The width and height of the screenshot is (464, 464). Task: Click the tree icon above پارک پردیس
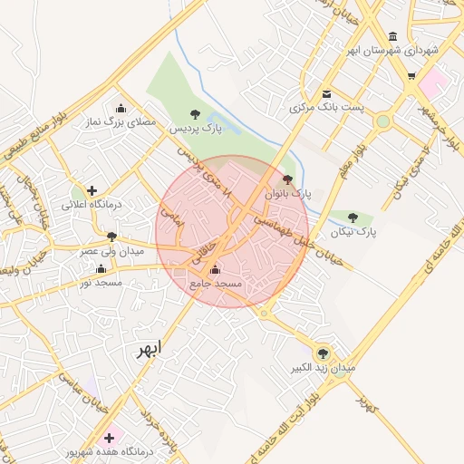point(195,113)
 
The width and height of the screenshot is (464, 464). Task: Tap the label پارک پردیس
point(196,129)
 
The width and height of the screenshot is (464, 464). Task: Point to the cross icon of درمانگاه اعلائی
point(92,190)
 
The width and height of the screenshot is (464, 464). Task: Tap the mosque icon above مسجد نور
point(101,268)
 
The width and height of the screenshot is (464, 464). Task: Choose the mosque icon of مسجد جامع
point(215,269)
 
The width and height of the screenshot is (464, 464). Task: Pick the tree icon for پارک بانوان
point(288,179)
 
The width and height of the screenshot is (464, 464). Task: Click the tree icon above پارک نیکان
point(353,217)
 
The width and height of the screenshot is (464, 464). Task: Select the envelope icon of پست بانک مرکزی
point(326,93)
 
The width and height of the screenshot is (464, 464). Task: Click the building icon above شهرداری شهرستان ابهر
point(392,36)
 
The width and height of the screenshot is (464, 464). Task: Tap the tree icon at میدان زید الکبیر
point(323,353)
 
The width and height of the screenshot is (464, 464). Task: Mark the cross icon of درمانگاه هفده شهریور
point(110,438)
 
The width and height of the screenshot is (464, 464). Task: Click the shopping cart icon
point(411,76)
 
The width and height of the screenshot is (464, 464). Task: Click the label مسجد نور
point(101,283)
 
